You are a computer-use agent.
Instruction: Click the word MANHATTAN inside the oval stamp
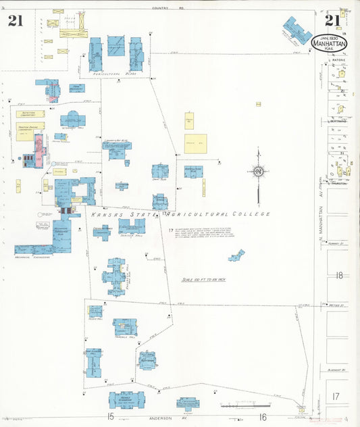point(330,43)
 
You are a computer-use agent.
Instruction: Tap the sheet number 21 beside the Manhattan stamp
point(332,20)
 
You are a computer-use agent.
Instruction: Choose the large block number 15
point(109,417)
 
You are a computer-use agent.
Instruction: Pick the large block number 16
point(263,417)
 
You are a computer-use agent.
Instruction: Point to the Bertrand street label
point(338,122)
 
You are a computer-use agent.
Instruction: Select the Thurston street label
point(338,183)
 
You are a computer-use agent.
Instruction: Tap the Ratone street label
point(337,60)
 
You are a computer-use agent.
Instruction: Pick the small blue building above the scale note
point(236,255)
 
